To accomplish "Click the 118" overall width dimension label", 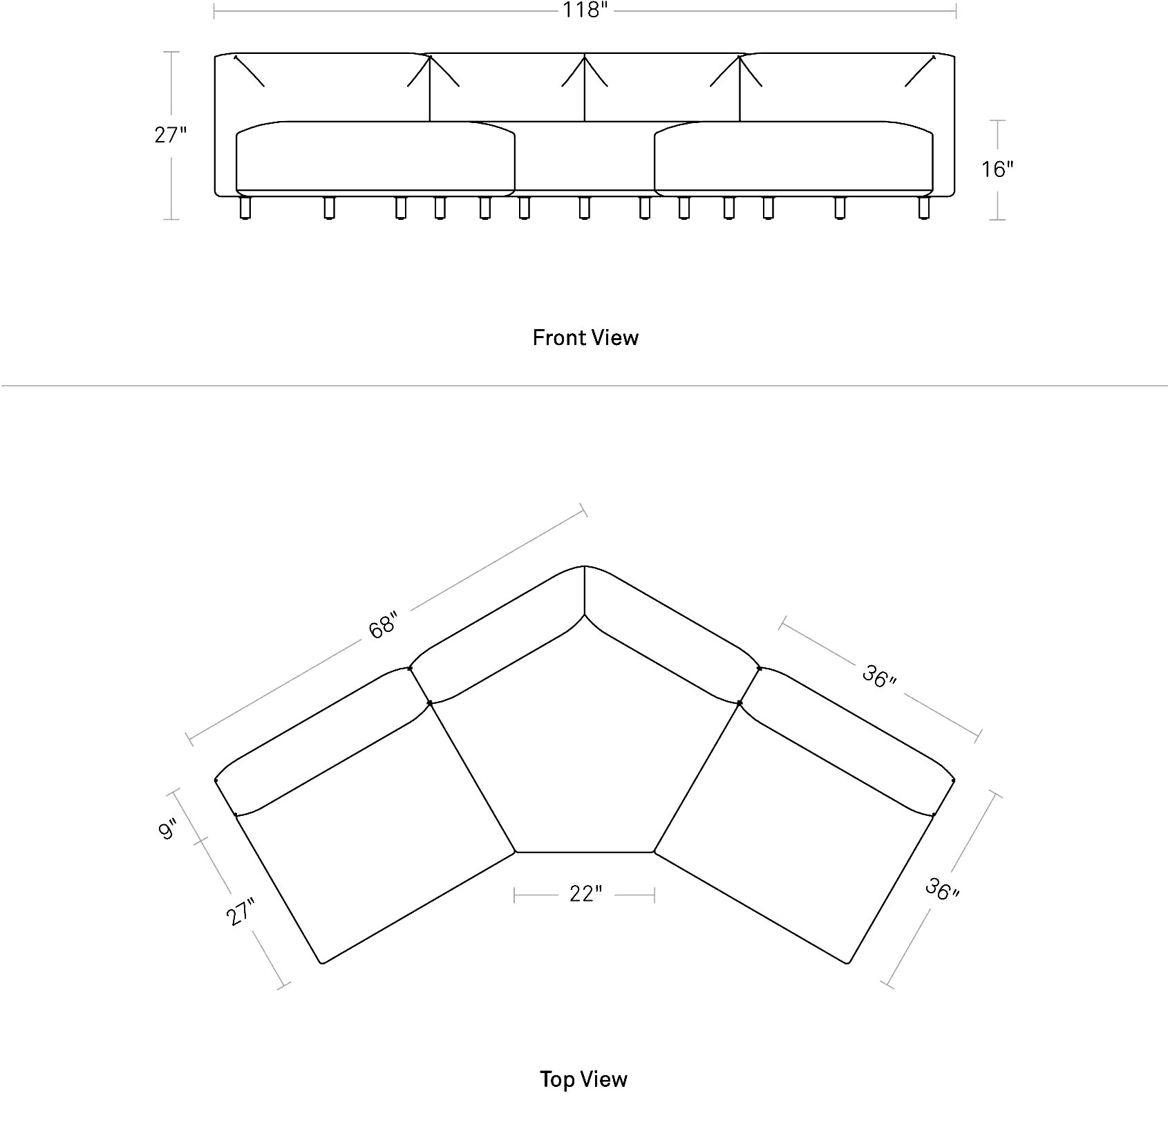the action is [585, 11].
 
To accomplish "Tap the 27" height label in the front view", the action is [171, 135].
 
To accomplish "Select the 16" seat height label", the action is [997, 169].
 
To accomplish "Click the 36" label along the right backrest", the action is [879, 676].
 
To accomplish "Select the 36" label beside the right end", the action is [942, 889].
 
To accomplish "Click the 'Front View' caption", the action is [585, 337].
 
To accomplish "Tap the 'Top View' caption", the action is [584, 1079].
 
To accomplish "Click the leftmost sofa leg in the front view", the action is [245, 207].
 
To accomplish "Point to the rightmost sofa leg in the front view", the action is [924, 207].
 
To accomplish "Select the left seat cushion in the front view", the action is [375, 157].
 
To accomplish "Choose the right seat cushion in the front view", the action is [793, 157].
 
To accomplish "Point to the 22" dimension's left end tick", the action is [515, 895].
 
